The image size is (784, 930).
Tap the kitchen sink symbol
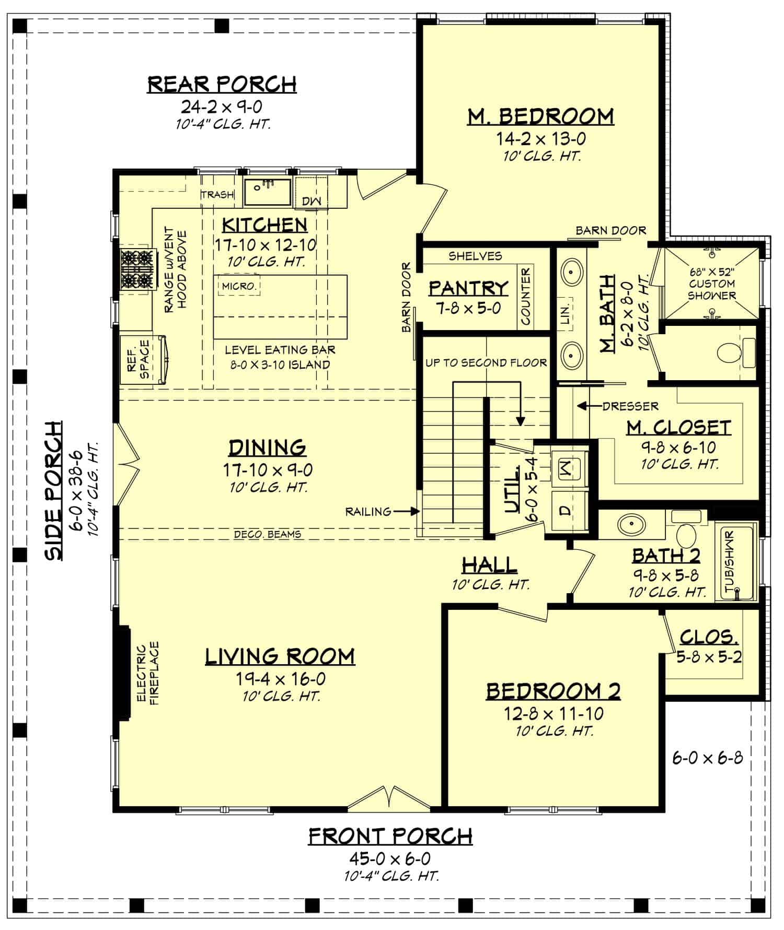pyautogui.click(x=268, y=192)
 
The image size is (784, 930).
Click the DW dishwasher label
pyautogui.click(x=312, y=201)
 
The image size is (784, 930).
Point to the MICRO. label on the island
pyautogui.click(x=239, y=286)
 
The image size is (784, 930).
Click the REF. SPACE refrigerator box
pyautogui.click(x=139, y=360)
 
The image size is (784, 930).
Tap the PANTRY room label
pyautogui.click(x=468, y=288)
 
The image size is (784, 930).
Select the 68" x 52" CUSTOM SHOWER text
pyautogui.click(x=711, y=284)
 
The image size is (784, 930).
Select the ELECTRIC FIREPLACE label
pyautogui.click(x=147, y=674)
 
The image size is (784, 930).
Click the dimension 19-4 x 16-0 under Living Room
pyautogui.click(x=280, y=679)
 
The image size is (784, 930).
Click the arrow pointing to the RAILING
pyautogui.click(x=407, y=512)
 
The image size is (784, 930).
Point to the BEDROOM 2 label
pyautogui.click(x=553, y=691)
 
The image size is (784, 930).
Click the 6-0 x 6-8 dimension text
pyautogui.click(x=707, y=758)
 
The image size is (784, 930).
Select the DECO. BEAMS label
pyautogui.click(x=267, y=534)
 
